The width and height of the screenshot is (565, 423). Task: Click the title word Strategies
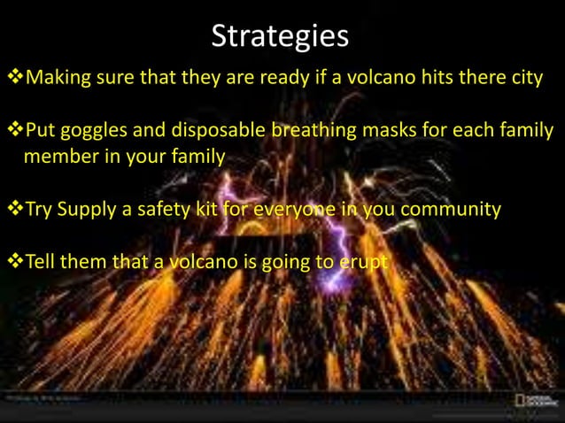pyautogui.click(x=281, y=37)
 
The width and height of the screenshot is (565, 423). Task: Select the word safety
pyautogui.click(x=184, y=210)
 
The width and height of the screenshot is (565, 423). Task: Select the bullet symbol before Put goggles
pyautogui.click(x=14, y=135)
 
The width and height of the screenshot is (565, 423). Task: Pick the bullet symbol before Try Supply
pyautogui.click(x=14, y=210)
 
